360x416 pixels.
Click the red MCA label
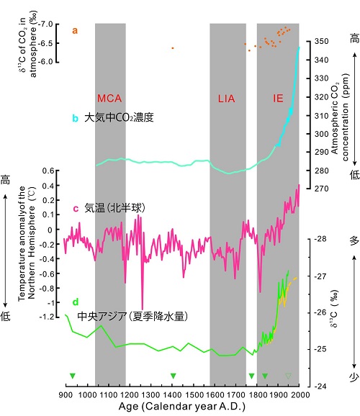click(109, 99)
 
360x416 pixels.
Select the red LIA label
click(227, 99)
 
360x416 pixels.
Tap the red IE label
click(278, 99)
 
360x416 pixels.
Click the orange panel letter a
click(75, 30)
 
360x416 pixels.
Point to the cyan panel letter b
click(76, 118)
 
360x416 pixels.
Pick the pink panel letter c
click(76, 209)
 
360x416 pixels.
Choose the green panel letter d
click(76, 302)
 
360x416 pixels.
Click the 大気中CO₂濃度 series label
click(120, 117)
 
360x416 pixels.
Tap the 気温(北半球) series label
click(115, 208)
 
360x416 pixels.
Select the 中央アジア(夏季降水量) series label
click(132, 316)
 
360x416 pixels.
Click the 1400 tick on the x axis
click(172, 395)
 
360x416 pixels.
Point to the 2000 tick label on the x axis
click(300, 395)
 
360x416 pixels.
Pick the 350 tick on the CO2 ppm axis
click(321, 42)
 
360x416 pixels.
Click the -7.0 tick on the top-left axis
click(45, 24)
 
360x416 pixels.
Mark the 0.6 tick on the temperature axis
click(48, 171)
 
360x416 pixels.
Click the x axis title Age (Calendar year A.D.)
click(182, 407)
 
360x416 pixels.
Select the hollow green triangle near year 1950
click(288, 376)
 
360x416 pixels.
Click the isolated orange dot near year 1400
click(173, 48)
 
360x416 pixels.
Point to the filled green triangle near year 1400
click(174, 376)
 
